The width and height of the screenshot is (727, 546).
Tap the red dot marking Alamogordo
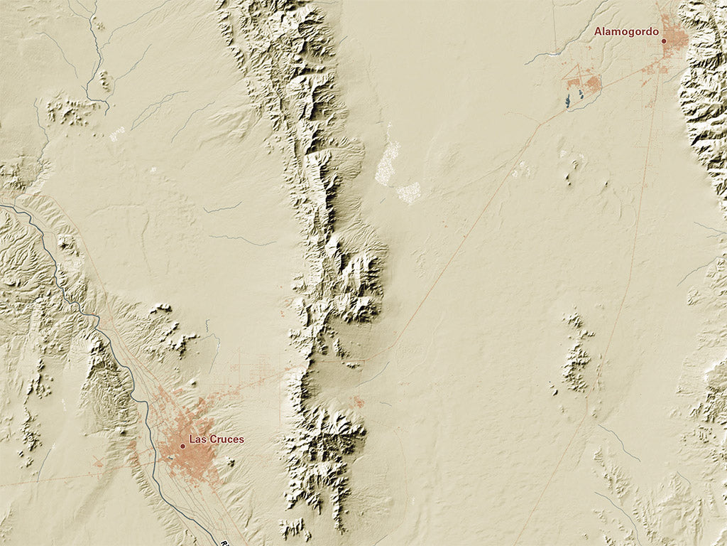[x=664, y=41]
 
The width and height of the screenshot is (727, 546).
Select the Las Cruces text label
[x=216, y=439]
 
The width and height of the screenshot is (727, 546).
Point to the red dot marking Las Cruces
[x=182, y=446]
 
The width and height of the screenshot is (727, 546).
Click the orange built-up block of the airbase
[x=594, y=85]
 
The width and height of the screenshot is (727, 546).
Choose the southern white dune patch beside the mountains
[x=409, y=192]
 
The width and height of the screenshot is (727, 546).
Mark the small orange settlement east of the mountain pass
[x=359, y=402]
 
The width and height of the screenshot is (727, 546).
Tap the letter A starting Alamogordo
[x=598, y=31]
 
